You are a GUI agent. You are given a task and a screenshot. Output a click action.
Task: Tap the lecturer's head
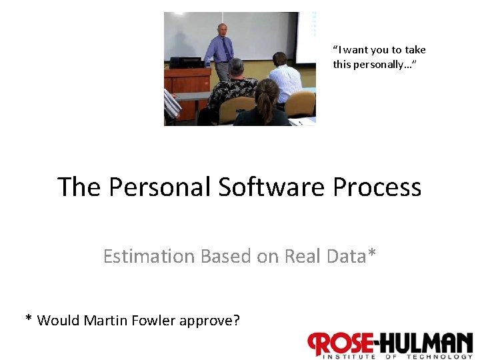[222, 30]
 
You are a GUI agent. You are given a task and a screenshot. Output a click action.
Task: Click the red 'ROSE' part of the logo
[341, 343]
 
